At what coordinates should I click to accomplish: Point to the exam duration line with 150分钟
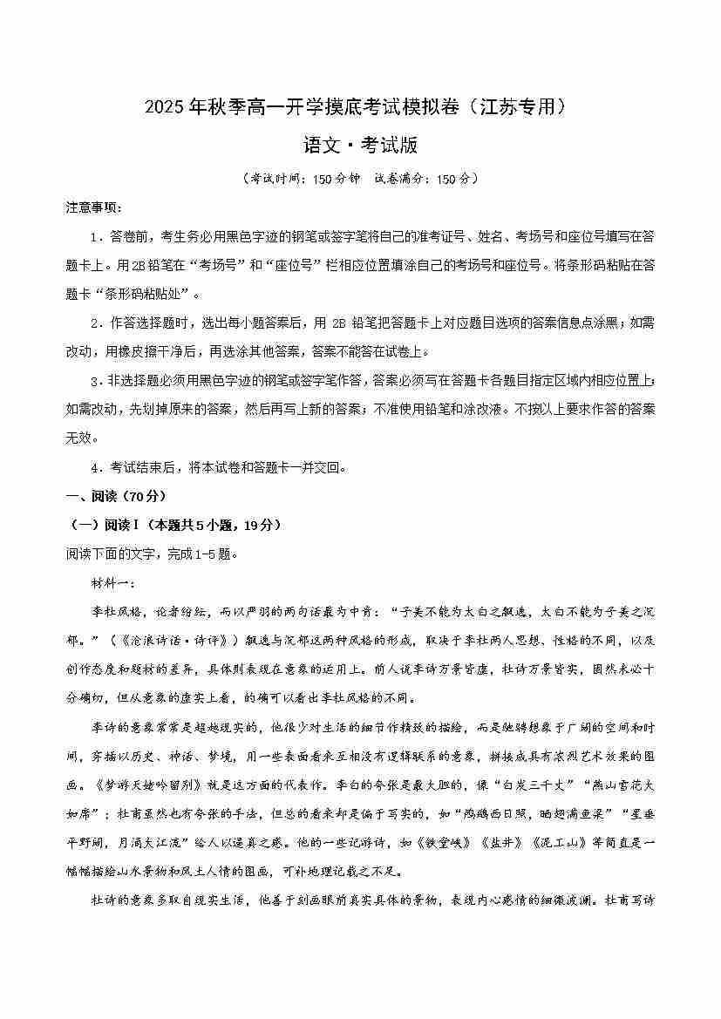pos(360,178)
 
